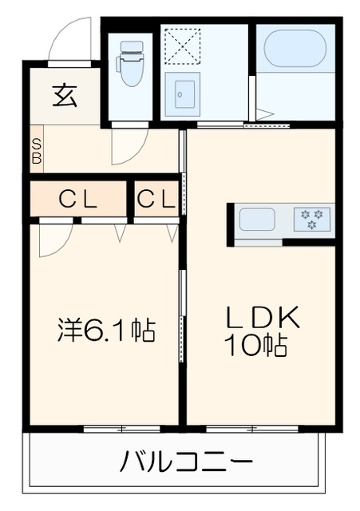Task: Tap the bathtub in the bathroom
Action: [x=295, y=49]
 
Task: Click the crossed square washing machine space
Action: [x=181, y=46]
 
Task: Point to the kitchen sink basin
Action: [x=257, y=219]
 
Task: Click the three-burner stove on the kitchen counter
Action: [x=311, y=219]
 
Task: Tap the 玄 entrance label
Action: [x=65, y=96]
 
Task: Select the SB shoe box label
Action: [x=36, y=151]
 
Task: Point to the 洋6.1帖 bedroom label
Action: [x=106, y=330]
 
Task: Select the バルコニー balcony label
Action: [x=188, y=461]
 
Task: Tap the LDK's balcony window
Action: [x=253, y=429]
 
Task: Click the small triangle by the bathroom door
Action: [x=263, y=114]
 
